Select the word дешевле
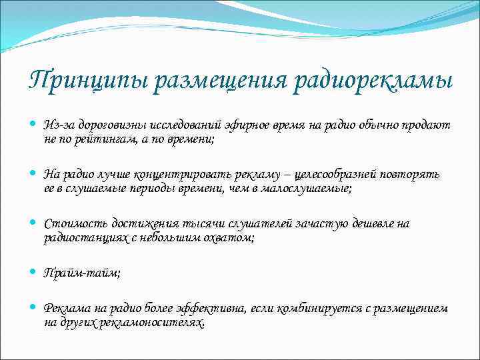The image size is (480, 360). click(x=375, y=223)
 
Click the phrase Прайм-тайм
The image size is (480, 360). click(x=81, y=272)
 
